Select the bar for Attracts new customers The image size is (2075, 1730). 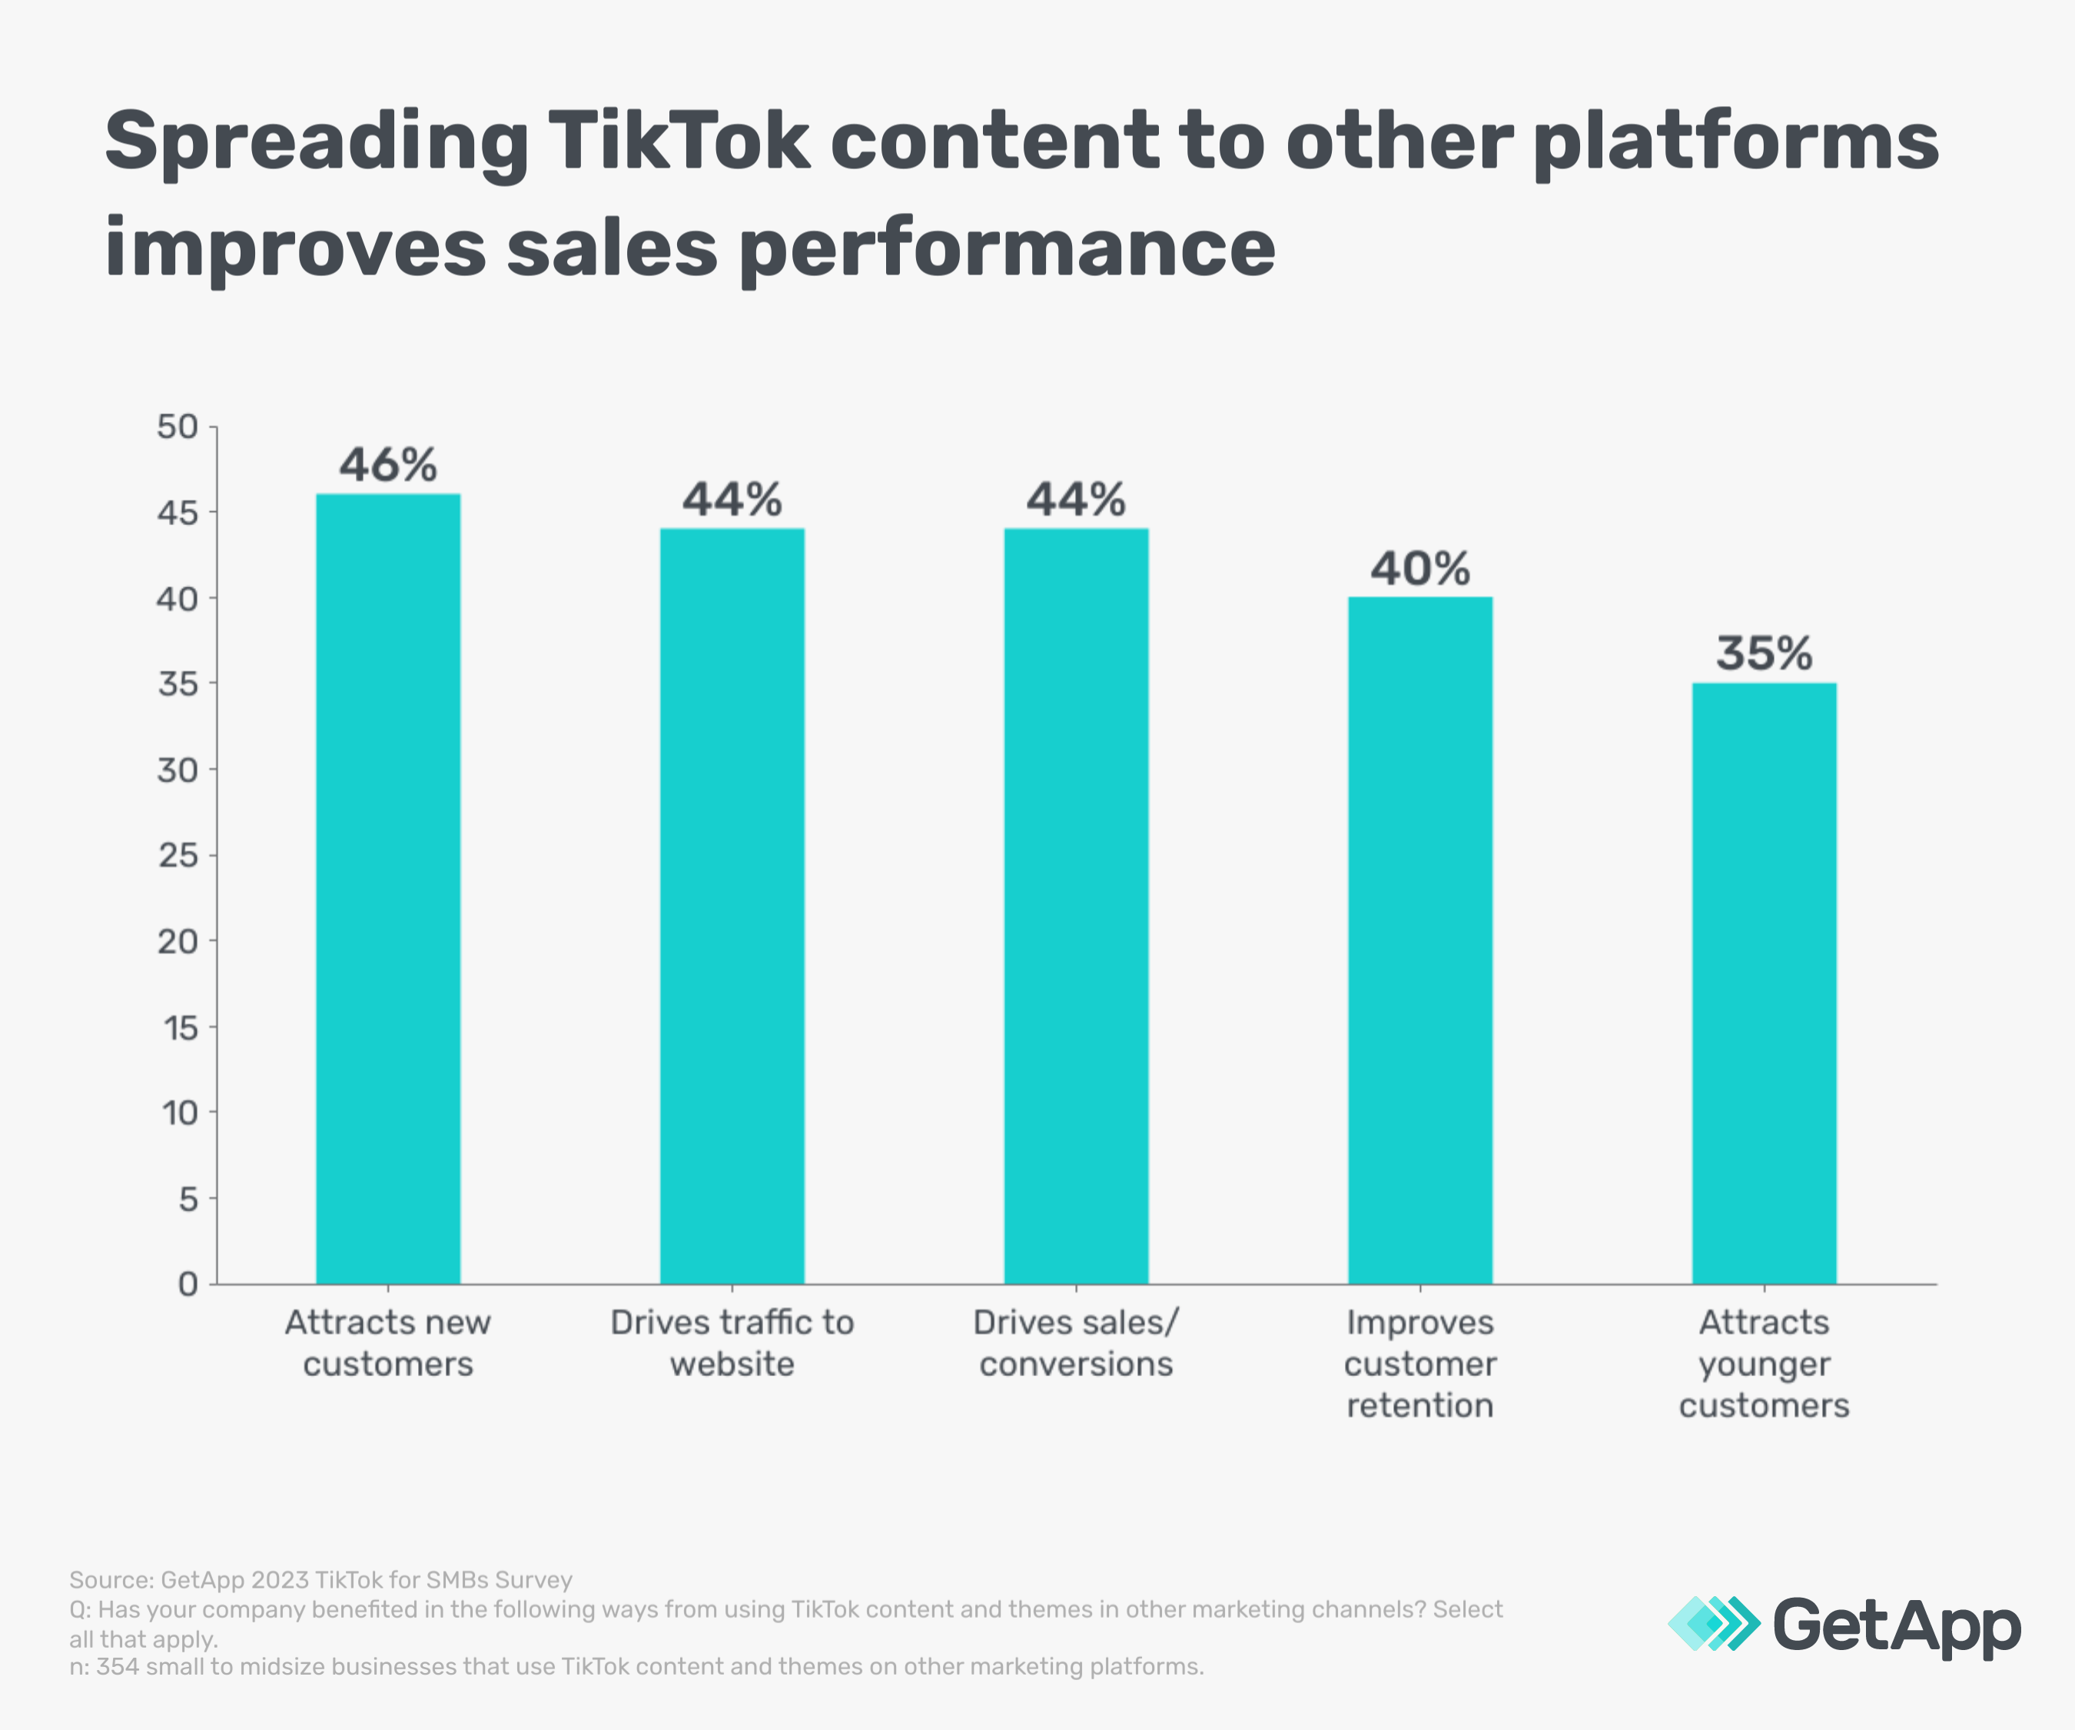tap(387, 890)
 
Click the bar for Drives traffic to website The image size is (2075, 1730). tap(732, 907)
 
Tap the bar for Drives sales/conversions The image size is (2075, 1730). tap(1076, 907)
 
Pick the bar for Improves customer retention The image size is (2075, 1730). tap(1420, 940)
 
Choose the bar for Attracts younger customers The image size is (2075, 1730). tap(1764, 983)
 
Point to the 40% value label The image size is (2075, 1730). tap(1420, 570)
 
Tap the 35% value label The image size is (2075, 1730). tap(1764, 654)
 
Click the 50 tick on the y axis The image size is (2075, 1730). tap(178, 427)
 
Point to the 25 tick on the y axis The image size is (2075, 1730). tap(178, 855)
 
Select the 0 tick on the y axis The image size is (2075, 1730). tap(188, 1284)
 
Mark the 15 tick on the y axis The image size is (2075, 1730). tap(180, 1028)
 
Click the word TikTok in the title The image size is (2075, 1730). tap(678, 141)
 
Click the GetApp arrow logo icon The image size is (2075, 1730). tap(1713, 1623)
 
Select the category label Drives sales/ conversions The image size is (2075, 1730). tap(1076, 1342)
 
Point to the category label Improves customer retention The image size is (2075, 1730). tap(1420, 1363)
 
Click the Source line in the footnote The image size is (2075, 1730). tap(321, 1580)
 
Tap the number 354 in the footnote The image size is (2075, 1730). tap(118, 1667)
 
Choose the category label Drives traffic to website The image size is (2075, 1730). tap(732, 1342)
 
